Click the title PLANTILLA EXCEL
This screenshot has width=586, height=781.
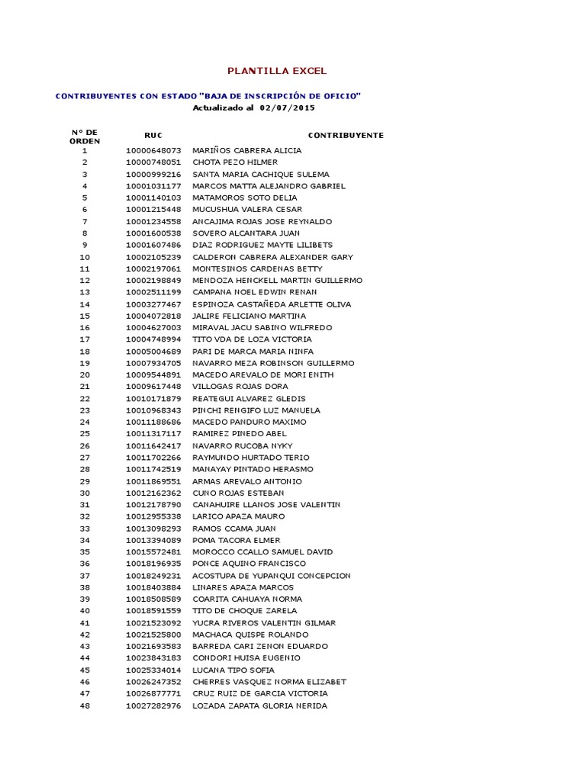[x=277, y=71]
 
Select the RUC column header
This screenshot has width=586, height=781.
[x=153, y=135]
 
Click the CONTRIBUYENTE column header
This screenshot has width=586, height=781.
[x=346, y=135]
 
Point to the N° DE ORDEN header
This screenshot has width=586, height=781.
[x=85, y=137]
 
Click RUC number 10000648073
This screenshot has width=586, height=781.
[x=153, y=150]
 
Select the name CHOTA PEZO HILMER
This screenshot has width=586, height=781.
[x=235, y=162]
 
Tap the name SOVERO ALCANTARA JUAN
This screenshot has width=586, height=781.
[x=246, y=233]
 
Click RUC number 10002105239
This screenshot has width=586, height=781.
[x=153, y=257]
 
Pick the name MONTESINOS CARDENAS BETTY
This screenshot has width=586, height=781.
[x=257, y=268]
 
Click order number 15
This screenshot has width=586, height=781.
[x=85, y=316]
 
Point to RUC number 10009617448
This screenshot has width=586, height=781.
[x=153, y=387]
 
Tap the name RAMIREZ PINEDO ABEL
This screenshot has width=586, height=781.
[x=239, y=434]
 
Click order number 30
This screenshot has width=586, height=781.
[x=85, y=493]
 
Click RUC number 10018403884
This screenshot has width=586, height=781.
[x=153, y=587]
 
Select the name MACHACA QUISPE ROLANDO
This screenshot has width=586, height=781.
[x=250, y=635]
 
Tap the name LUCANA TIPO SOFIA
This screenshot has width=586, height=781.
[x=233, y=670]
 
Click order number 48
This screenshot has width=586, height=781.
[x=85, y=705]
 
